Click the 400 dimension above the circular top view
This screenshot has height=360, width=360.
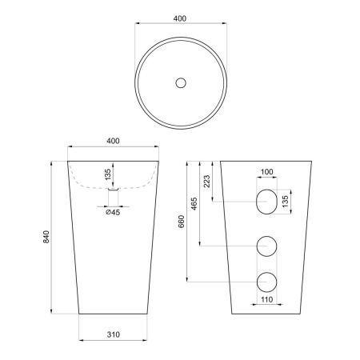[x=180, y=18]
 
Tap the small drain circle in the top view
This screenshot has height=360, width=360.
[x=181, y=83]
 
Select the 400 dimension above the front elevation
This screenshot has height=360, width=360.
[x=113, y=141]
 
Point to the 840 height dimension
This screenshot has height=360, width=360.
[x=46, y=237]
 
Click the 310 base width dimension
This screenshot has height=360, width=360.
[x=114, y=334]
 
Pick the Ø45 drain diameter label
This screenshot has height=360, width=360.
[x=113, y=213]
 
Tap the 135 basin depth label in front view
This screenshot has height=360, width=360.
[x=108, y=174]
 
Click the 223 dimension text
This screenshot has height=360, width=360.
[x=207, y=182]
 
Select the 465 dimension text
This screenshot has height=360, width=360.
[x=194, y=204]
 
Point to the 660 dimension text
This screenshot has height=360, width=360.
[x=182, y=222]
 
